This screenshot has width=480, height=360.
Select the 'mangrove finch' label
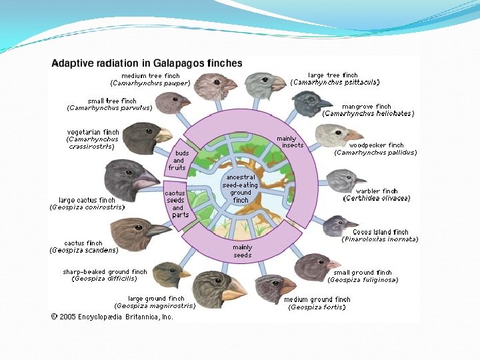point(366,107)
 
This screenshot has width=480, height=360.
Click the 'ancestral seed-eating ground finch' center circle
point(241,188)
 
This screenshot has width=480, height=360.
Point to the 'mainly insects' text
point(291,142)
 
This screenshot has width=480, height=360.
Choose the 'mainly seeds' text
point(242,251)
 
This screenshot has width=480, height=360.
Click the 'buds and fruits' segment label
point(177,160)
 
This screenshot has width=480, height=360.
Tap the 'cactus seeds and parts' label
point(177,204)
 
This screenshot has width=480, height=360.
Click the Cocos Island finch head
point(335,225)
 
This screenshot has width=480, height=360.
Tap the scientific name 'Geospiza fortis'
point(317,307)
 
